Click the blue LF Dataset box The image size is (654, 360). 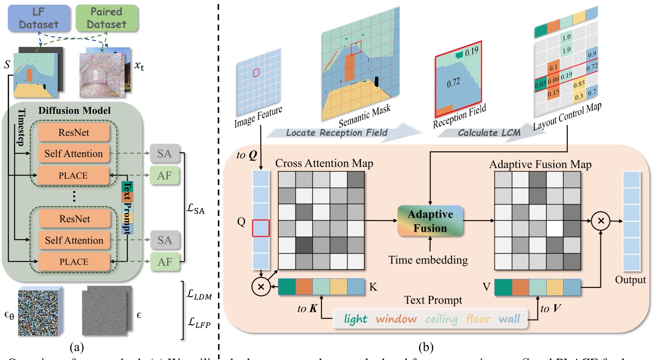point(39,18)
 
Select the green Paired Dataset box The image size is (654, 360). point(106,18)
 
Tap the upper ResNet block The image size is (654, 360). point(73,132)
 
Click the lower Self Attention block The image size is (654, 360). point(74,240)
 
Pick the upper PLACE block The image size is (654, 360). point(73,175)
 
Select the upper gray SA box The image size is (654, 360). point(164,154)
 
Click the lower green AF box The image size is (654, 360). point(165,262)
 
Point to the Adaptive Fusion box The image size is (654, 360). point(430,221)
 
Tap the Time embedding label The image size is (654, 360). point(428,260)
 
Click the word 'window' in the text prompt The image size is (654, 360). point(396,319)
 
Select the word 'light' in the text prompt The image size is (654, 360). point(355,319)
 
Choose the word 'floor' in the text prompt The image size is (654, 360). point(478,319)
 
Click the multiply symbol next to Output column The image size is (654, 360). point(601,221)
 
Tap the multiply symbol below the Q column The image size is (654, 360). point(261,287)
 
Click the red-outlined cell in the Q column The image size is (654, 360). point(261,228)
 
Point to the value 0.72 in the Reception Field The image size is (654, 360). point(453,83)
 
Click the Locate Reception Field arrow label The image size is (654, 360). point(336,133)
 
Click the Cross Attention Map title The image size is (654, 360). point(324,163)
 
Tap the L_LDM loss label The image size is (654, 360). point(199,294)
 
